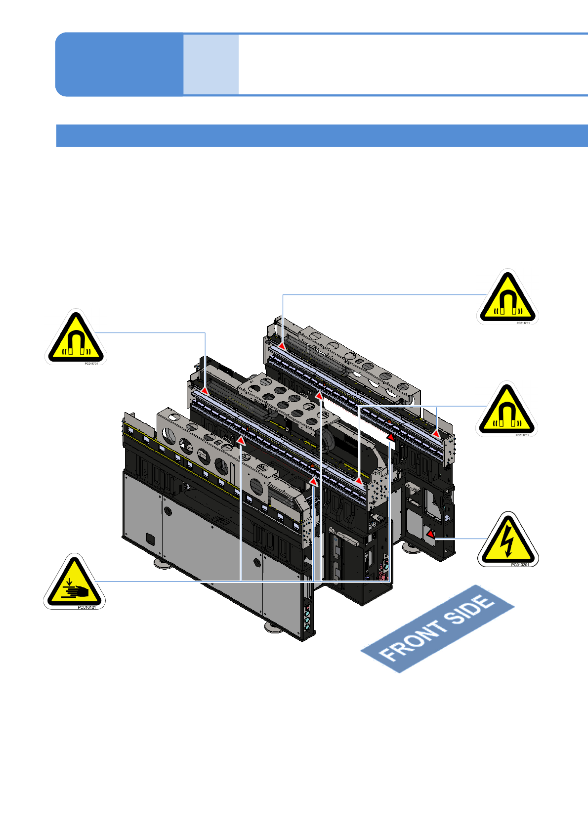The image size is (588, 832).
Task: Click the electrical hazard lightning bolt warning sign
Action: (507, 541)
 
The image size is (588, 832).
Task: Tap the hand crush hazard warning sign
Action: (75, 582)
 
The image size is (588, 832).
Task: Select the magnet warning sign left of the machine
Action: (76, 338)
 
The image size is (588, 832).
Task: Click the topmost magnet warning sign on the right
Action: (507, 298)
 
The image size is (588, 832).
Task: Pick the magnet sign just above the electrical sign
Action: (506, 410)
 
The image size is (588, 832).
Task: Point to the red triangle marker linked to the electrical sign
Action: (430, 534)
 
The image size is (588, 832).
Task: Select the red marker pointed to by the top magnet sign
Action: (282, 346)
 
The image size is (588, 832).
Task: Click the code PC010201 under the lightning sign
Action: (520, 565)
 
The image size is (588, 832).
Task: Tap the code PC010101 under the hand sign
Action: (86, 607)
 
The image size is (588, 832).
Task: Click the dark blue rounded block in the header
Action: (119, 64)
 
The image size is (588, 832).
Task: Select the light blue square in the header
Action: (211, 64)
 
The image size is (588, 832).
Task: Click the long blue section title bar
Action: (322, 135)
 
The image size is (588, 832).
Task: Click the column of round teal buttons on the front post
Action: (307, 618)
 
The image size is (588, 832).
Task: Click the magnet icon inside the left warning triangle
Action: (76, 343)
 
